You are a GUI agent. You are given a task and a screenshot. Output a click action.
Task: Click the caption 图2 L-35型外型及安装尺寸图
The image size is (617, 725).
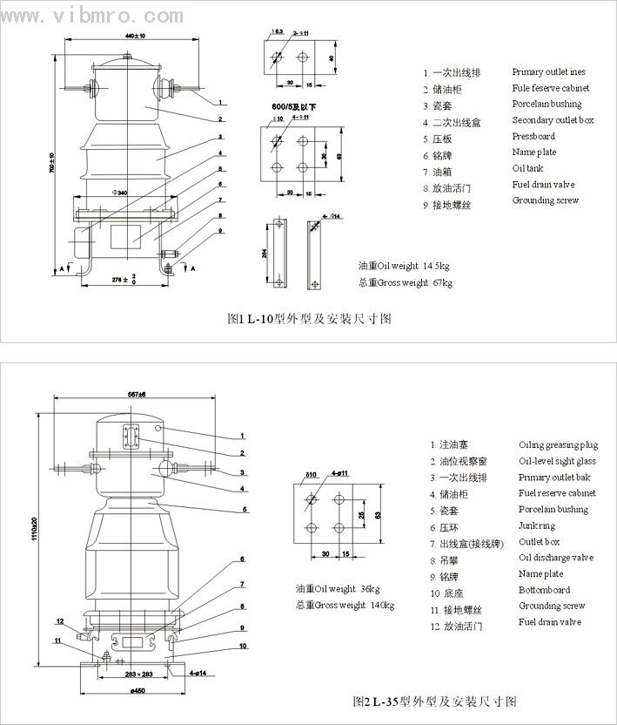[435, 701]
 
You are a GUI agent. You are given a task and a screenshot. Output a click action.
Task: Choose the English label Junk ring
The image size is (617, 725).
[537, 525]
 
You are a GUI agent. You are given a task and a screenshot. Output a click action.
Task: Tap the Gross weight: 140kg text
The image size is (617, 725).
[345, 605]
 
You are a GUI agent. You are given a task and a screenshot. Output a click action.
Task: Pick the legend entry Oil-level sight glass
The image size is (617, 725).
[557, 461]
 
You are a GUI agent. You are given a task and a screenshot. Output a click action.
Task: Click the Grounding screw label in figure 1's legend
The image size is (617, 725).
[545, 200]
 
